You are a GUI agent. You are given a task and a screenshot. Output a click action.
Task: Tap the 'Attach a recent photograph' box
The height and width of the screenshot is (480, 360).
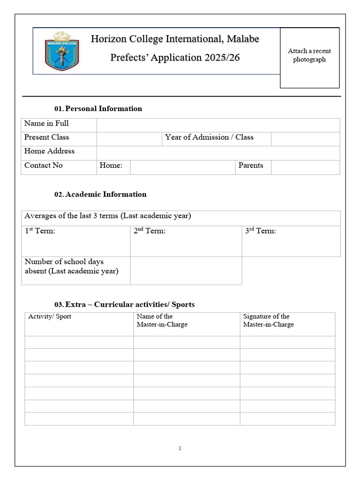[309, 57]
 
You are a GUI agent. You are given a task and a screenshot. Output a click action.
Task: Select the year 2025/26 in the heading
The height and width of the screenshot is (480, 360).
[222, 58]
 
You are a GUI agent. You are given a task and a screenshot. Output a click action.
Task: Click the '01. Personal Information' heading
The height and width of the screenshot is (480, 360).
[98, 109]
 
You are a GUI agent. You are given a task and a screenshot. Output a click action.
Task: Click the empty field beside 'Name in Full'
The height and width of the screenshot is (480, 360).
[218, 125]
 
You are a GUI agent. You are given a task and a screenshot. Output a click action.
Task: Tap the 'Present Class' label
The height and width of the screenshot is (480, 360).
[46, 137]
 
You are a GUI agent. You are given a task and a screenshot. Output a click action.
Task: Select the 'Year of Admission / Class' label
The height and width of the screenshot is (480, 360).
[209, 137]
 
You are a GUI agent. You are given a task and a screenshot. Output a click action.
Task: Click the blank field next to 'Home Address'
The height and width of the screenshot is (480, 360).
[218, 153]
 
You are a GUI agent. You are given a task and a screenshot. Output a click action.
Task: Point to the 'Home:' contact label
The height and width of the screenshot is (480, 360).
[111, 165]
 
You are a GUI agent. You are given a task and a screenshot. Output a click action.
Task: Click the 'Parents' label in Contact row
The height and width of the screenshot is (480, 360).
[251, 165]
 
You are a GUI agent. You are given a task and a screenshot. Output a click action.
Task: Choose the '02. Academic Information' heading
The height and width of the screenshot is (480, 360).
[100, 194]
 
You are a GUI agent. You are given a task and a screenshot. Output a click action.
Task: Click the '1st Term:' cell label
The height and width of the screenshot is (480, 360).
[40, 231]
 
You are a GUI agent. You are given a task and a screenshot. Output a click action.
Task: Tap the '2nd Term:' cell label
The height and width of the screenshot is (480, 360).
[150, 231]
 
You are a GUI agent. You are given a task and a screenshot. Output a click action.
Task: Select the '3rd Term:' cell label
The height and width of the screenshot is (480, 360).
[261, 231]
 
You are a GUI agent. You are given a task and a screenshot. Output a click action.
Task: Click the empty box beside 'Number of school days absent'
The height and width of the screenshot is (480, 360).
[186, 270]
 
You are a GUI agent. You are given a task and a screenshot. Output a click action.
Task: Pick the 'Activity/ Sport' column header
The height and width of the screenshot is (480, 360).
[50, 316]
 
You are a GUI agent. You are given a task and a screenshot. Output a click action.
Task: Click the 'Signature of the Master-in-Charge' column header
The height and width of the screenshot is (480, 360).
[268, 321]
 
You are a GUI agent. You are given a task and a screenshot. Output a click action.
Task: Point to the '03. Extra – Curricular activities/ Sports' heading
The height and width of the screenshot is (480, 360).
[124, 305]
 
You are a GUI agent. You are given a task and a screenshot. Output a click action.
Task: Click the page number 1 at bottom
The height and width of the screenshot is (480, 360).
[180, 449]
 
